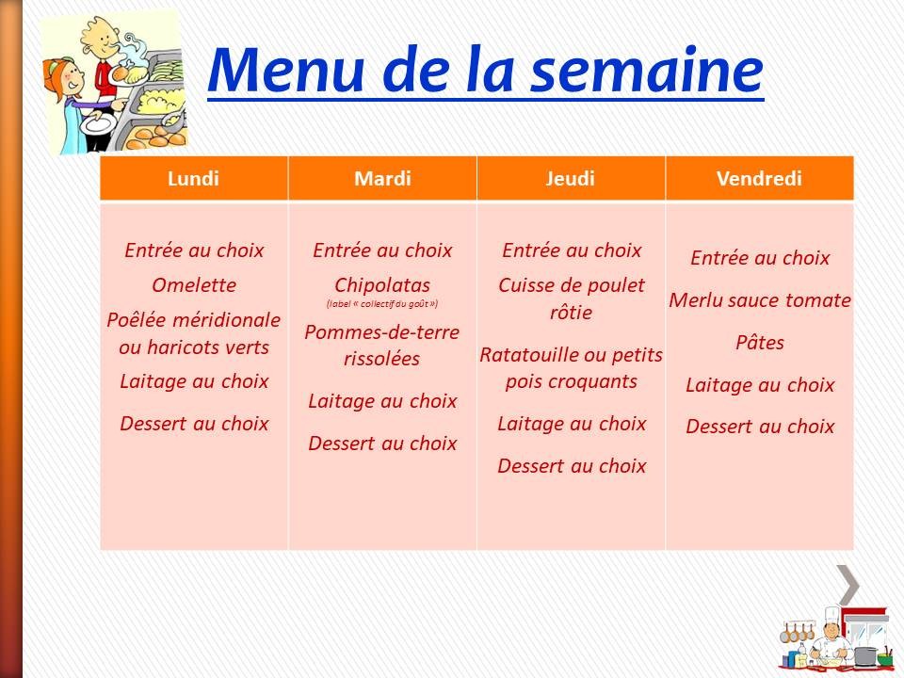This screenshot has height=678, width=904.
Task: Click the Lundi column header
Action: (193, 179)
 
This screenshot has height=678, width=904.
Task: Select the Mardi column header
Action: (382, 179)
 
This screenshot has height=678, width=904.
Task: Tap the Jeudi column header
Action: (571, 179)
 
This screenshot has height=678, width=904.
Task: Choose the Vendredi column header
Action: (759, 179)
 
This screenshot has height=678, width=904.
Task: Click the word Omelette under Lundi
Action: (194, 285)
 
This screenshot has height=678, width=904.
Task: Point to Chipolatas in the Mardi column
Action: (382, 284)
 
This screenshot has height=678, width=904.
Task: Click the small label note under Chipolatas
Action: (382, 304)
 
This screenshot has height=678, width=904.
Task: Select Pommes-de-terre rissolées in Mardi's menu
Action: (382, 345)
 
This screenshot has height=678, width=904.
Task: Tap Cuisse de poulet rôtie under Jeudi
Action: (572, 298)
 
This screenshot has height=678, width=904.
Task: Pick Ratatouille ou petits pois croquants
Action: (572, 368)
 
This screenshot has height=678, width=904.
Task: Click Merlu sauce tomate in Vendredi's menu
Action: (760, 300)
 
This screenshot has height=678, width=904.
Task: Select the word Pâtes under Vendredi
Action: (760, 343)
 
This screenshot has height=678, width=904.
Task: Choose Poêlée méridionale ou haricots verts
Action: (194, 333)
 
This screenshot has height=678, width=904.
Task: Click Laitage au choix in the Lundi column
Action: (194, 381)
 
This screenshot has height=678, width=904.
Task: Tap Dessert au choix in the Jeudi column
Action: (572, 465)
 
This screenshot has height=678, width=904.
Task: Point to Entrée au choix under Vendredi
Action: (760, 258)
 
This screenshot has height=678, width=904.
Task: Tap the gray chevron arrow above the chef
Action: (848, 585)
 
